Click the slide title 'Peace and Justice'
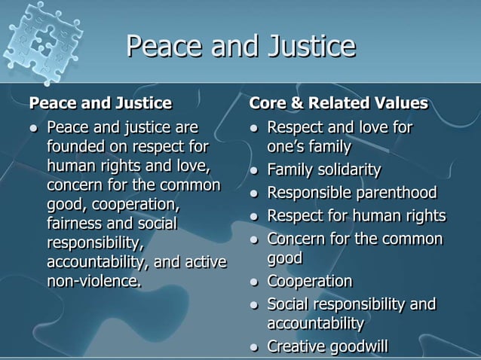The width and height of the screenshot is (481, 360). pos(240,46)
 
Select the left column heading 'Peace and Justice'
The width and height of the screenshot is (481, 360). pos(100,102)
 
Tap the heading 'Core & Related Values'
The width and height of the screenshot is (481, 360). pos(339,102)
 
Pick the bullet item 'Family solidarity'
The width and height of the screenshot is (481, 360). pos(324,169)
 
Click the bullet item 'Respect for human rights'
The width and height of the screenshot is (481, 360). pos(356,216)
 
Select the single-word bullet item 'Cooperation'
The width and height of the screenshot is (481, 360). pos(310,282)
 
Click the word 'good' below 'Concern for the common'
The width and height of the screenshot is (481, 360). pos(285,258)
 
